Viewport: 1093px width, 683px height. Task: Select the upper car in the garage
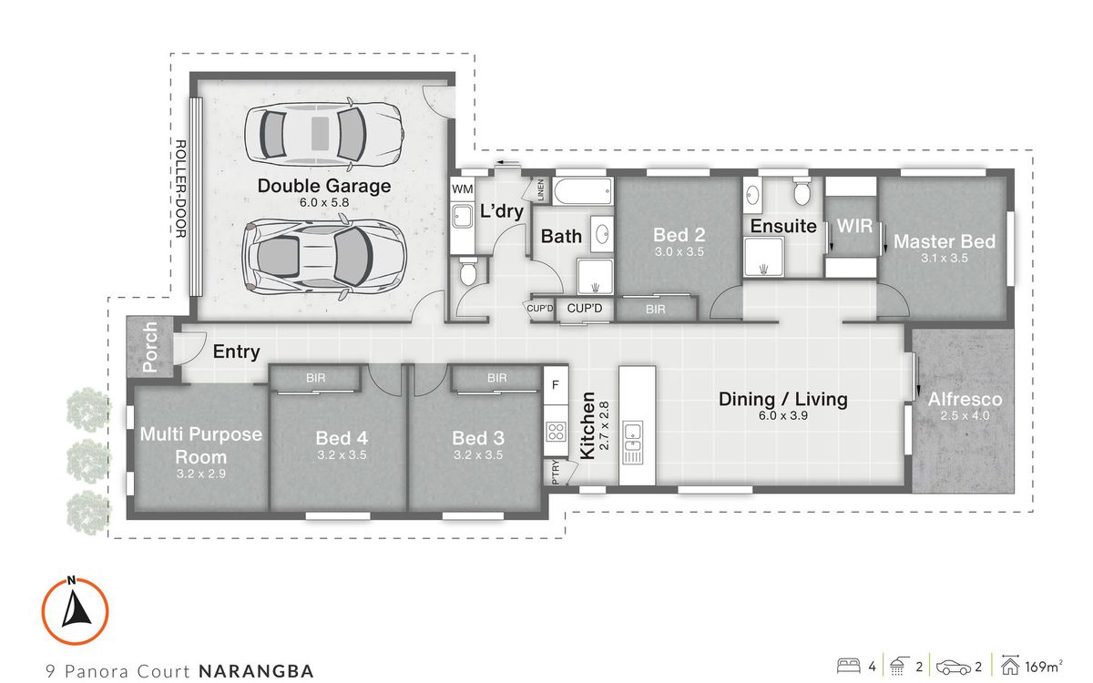click(324, 133)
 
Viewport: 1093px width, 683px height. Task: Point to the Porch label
click(150, 347)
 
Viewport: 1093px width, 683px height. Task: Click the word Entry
click(236, 352)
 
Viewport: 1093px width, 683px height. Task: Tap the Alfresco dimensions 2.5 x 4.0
click(965, 416)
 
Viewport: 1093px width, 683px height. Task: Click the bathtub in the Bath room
click(583, 192)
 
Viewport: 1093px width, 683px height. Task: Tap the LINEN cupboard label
click(540, 190)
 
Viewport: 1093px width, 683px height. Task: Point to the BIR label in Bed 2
click(655, 310)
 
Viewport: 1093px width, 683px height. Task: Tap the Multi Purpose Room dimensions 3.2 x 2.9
click(200, 474)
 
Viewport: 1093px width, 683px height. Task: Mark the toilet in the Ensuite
click(802, 193)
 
